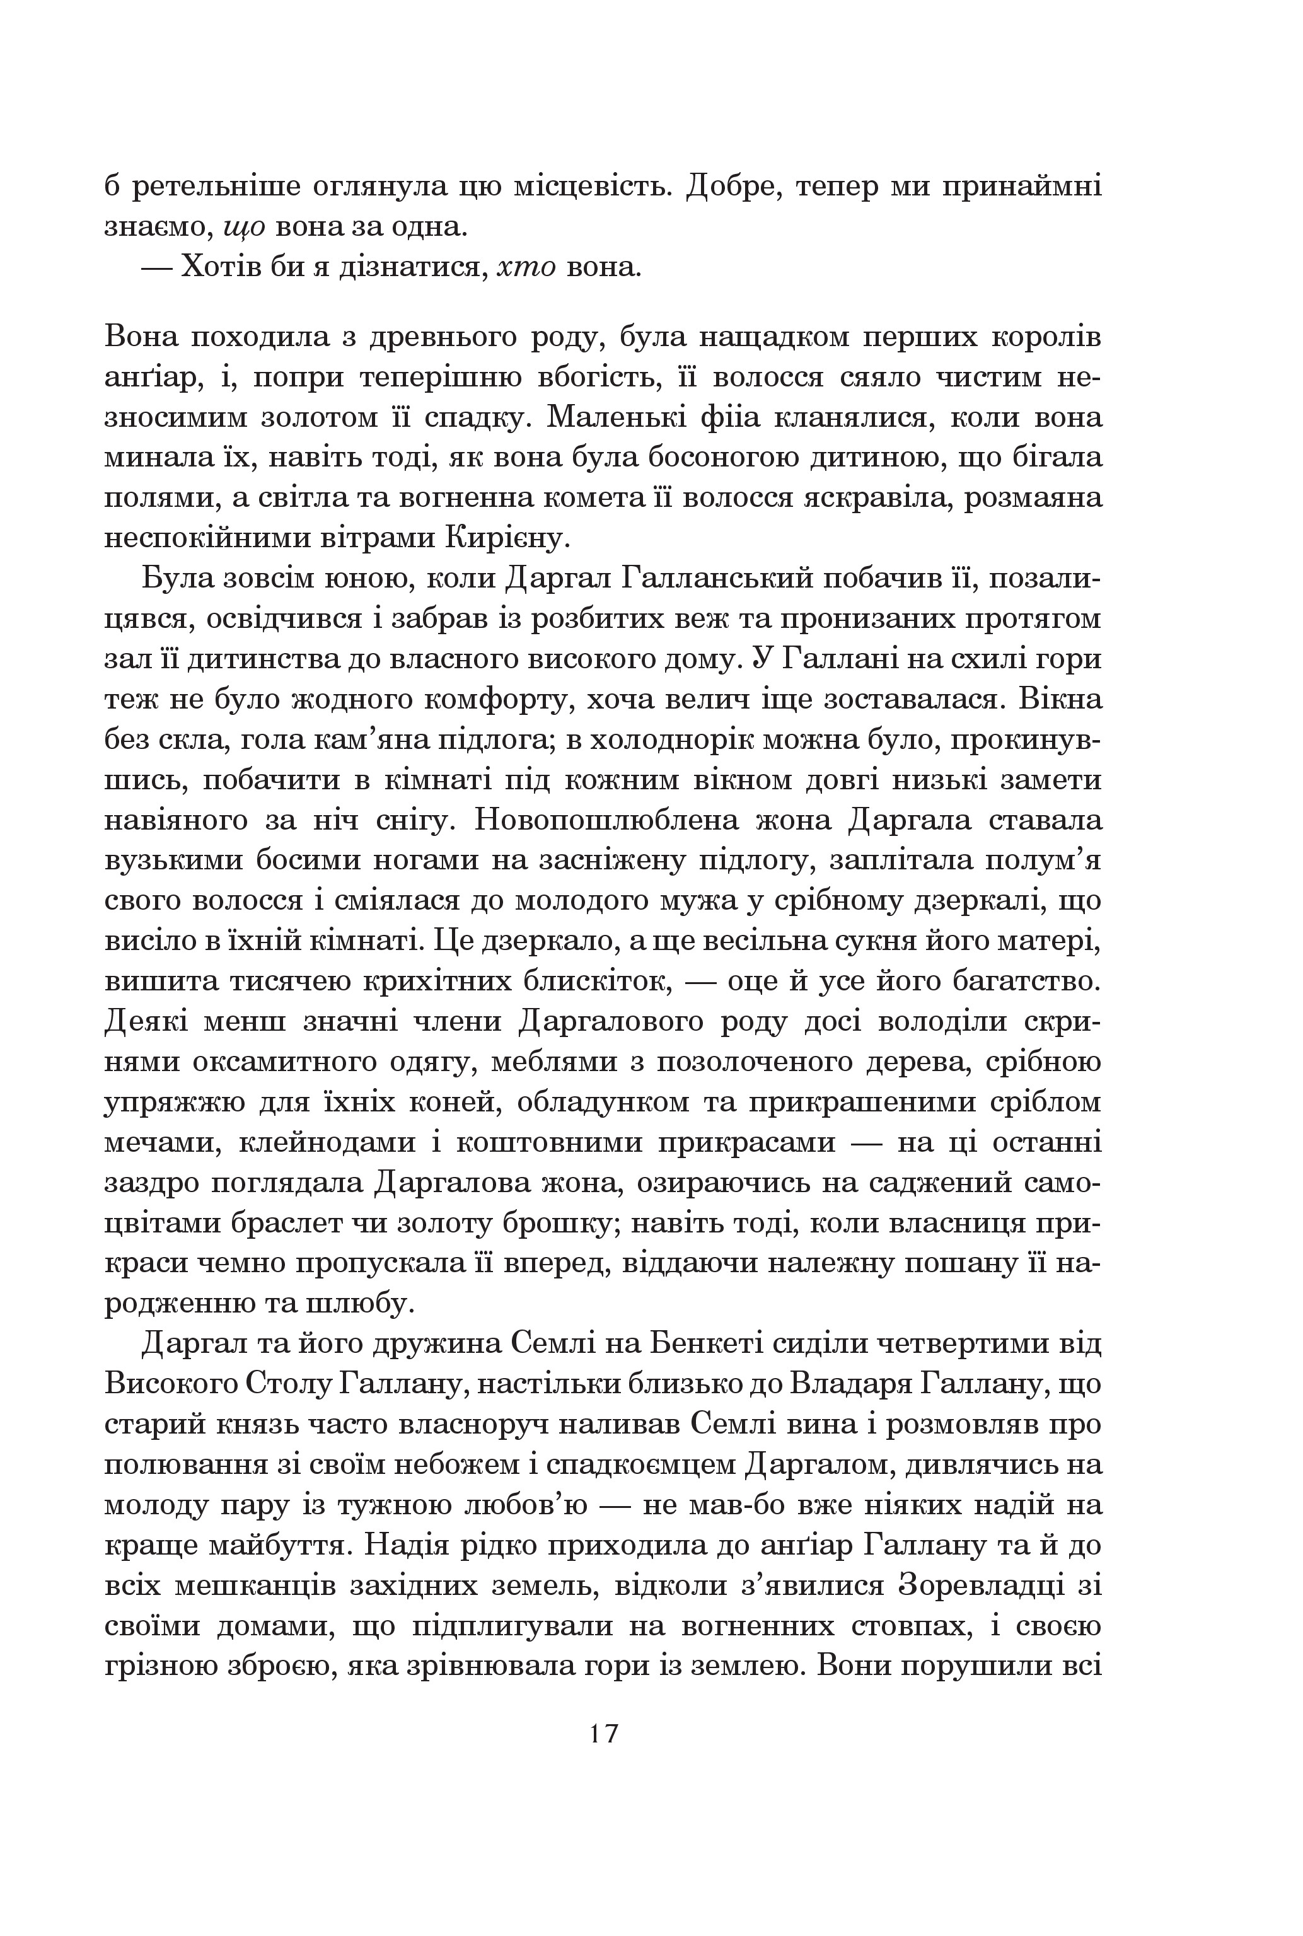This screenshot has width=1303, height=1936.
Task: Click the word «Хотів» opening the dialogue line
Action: (219, 267)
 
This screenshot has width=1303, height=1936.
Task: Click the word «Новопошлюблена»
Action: (605, 820)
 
